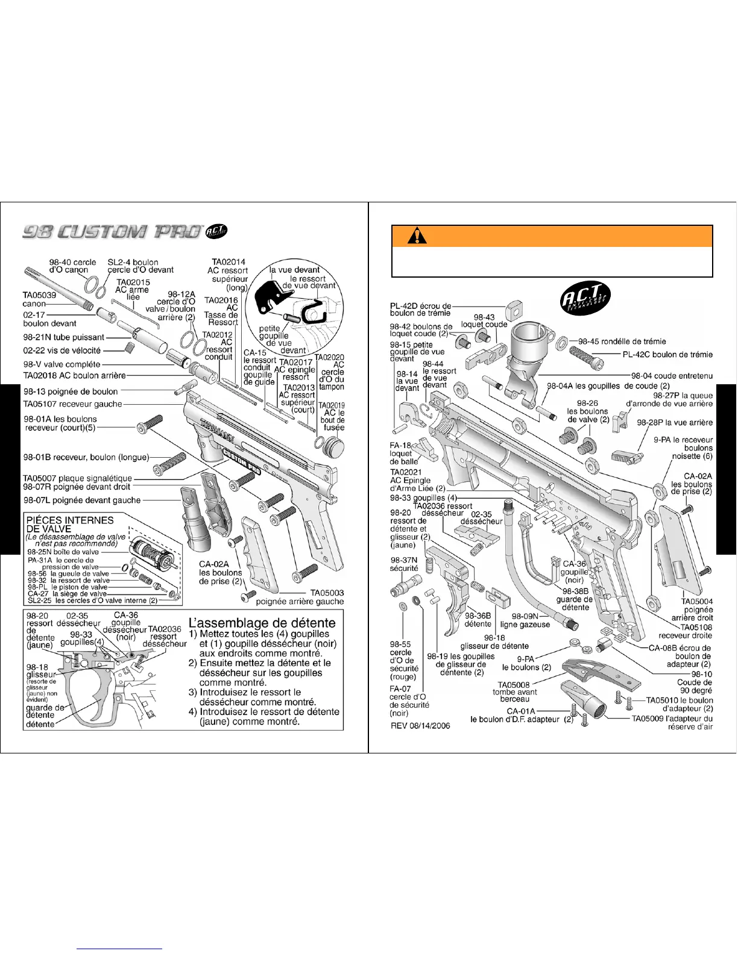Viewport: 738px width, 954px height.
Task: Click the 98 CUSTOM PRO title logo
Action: pos(112,232)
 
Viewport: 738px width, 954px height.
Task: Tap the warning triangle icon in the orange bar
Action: pos(416,236)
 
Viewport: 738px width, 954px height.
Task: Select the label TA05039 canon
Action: pos(39,299)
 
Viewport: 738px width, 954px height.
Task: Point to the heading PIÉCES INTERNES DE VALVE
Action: pos(69,524)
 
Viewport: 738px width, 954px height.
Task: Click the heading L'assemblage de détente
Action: pos(262,623)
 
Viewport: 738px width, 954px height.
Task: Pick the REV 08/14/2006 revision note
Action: pos(420,726)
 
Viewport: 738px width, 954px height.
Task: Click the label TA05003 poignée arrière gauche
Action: pos(300,597)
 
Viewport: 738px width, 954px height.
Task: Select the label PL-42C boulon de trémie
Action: pos(667,355)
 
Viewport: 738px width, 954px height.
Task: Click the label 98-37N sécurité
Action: pos(404,564)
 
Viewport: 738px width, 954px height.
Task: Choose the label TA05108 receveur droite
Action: pos(685,631)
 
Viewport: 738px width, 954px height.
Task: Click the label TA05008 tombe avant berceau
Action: pos(514,692)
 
